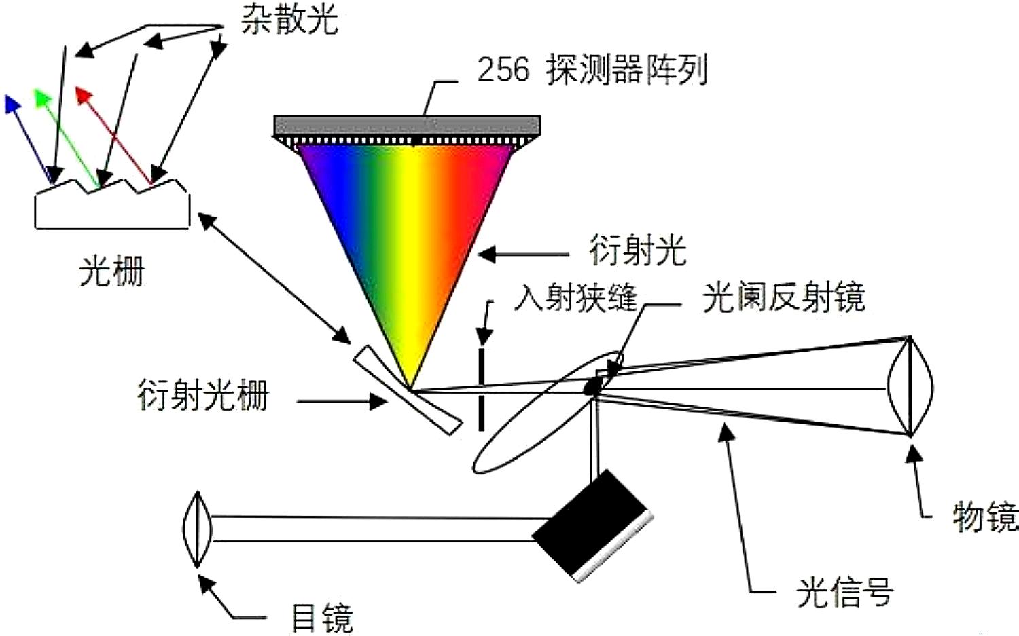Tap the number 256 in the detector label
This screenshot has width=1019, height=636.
click(503, 69)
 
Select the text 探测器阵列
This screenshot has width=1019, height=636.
click(627, 69)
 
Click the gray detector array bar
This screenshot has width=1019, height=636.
click(407, 126)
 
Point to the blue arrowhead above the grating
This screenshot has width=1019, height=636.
click(12, 104)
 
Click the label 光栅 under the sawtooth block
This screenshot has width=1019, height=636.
click(111, 271)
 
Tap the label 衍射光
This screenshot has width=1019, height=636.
click(637, 250)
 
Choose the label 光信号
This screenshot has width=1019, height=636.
click(844, 593)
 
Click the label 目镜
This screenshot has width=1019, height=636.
click(322, 618)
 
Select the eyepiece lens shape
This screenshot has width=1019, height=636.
click(196, 529)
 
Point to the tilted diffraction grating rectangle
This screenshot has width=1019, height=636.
click(407, 389)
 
